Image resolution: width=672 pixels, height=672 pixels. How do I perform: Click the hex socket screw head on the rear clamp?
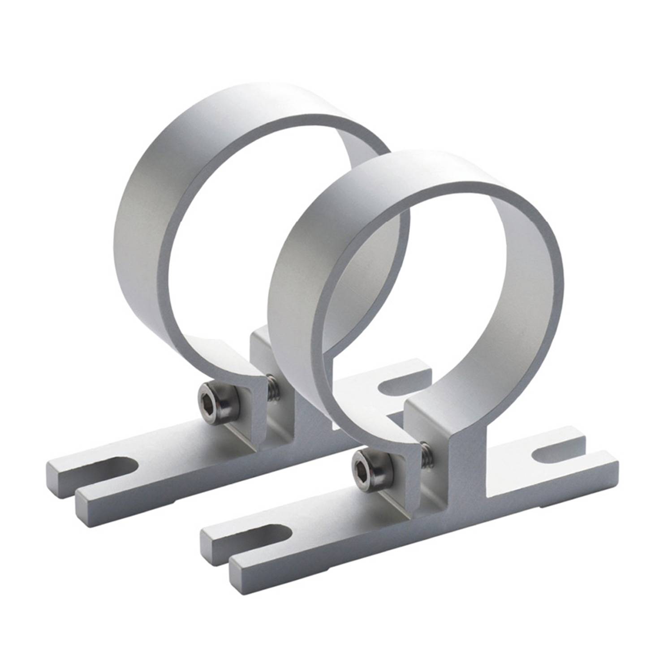218,397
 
